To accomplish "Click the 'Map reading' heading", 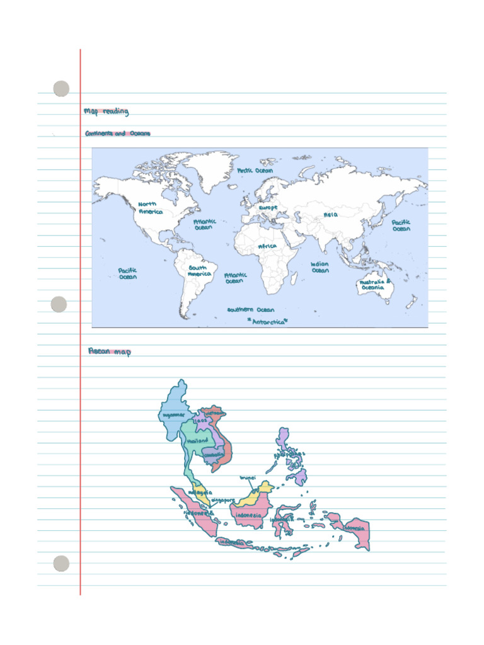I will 106,111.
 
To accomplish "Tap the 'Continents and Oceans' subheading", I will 118,134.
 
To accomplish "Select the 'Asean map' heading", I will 110,351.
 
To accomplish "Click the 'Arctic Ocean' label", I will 255,171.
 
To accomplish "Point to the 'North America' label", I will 149,208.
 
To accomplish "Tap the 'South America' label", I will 199,271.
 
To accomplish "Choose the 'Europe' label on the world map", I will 268,207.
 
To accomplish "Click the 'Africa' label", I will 267,246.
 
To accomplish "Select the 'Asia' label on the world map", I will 330,215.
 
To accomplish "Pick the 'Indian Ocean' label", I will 320,267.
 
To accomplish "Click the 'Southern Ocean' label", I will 251,310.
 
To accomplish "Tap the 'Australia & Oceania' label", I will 375,285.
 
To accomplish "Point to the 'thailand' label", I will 197,441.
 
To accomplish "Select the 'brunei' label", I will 247,477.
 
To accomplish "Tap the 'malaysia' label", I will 200,492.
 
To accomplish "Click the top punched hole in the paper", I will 61,89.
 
